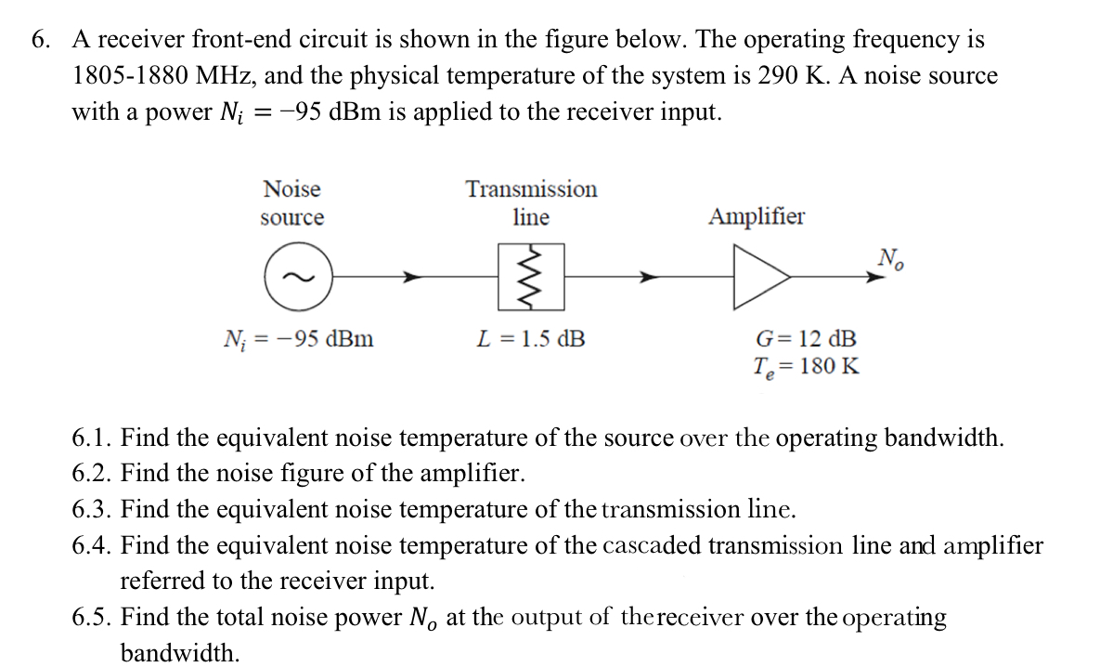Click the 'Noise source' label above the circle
(292, 203)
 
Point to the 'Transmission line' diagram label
(531, 203)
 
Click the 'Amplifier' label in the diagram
(757, 217)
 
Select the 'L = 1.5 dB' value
(531, 338)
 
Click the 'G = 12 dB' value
(806, 338)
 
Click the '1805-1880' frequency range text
(129, 76)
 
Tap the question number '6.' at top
(41, 40)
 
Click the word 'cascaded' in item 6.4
(648, 545)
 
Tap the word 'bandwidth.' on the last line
(179, 653)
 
